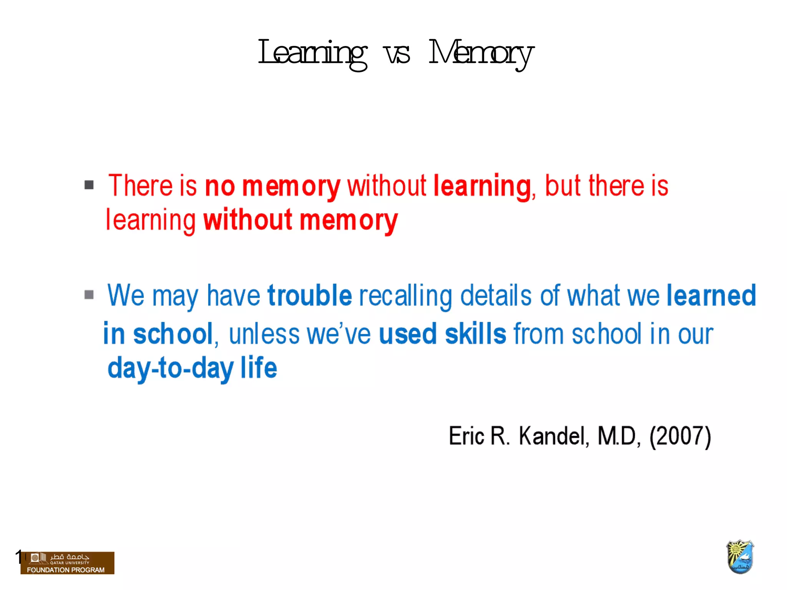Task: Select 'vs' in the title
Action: [397, 54]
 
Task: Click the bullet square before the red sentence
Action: [89, 185]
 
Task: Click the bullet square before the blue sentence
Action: [89, 295]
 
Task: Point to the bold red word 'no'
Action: [220, 186]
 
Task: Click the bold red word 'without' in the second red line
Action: [248, 220]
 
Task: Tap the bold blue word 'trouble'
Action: [310, 295]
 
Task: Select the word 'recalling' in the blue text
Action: [406, 296]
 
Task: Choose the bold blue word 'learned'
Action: [711, 295]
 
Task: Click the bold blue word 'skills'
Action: [476, 333]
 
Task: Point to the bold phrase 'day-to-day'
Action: [171, 368]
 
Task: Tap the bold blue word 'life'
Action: [259, 367]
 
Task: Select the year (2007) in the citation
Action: [680, 436]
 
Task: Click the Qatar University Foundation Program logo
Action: [68, 563]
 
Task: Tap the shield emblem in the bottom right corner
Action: [740, 557]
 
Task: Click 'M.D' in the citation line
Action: [618, 436]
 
